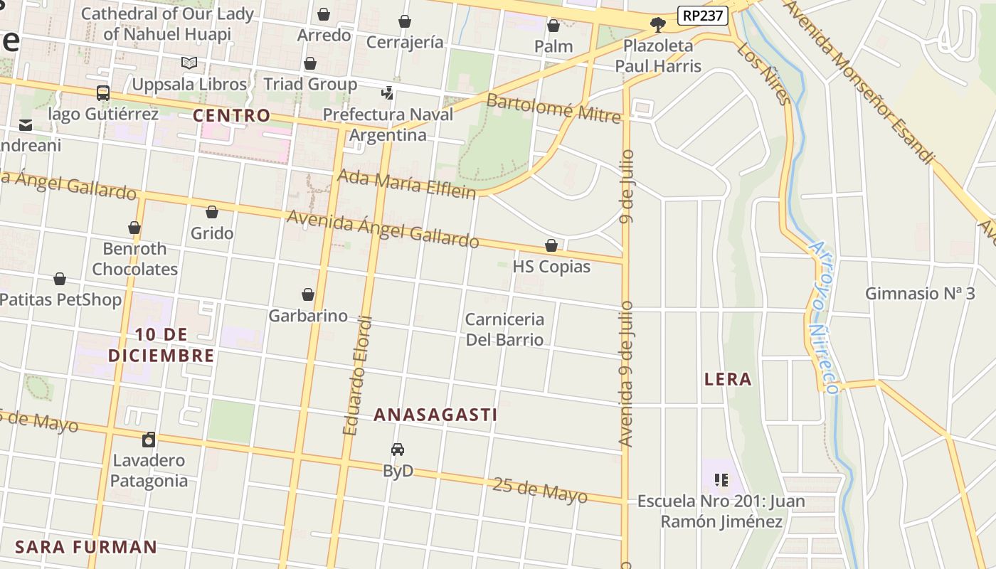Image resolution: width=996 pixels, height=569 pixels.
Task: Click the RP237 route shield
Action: pos(703,16)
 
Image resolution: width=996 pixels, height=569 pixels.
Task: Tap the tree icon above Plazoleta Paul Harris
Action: pos(658,25)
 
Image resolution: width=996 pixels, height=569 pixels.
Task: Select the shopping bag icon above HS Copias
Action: pos(551,245)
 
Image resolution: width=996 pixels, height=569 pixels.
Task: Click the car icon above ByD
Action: pos(398,450)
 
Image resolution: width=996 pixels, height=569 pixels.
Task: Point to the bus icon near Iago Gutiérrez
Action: pos(103,92)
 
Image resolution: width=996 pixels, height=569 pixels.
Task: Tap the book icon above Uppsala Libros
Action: pos(189,63)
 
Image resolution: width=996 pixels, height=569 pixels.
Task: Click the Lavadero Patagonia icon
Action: pos(149,439)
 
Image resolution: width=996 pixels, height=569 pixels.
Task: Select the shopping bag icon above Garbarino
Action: pos(308,294)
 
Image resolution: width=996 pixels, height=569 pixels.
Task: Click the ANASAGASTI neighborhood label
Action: pos(435,415)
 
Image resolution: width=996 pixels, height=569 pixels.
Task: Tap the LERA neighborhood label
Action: pos(728,379)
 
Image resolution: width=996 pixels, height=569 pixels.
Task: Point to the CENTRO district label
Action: pos(232,115)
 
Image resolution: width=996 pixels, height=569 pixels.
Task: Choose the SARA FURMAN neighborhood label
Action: pos(86,547)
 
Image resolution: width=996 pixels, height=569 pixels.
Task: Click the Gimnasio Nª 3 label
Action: pos(919,293)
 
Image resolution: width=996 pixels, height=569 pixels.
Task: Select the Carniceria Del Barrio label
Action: pos(504,329)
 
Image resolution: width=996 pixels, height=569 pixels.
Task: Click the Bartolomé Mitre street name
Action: pos(553,109)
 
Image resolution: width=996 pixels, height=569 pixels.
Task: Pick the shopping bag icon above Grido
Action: pos(211,212)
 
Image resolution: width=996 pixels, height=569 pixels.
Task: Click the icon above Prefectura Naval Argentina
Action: pos(388,92)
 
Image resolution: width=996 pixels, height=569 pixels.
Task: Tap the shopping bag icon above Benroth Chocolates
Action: pos(134,228)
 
